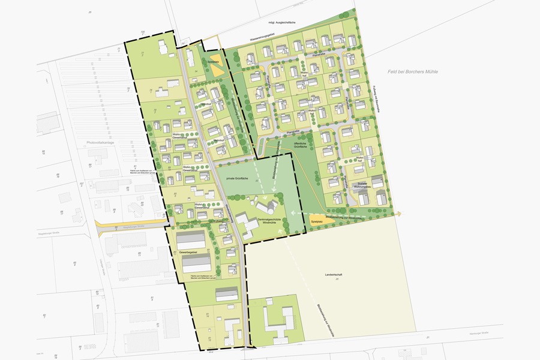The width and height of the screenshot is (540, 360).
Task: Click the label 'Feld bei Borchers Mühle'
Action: coord(413,72)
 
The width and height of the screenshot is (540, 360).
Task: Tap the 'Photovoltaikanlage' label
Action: coord(100,143)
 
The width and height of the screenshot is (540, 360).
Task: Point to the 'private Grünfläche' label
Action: coord(236,179)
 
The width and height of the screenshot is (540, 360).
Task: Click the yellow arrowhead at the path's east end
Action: coord(399,213)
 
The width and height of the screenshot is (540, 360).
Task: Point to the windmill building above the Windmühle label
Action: coord(265,207)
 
